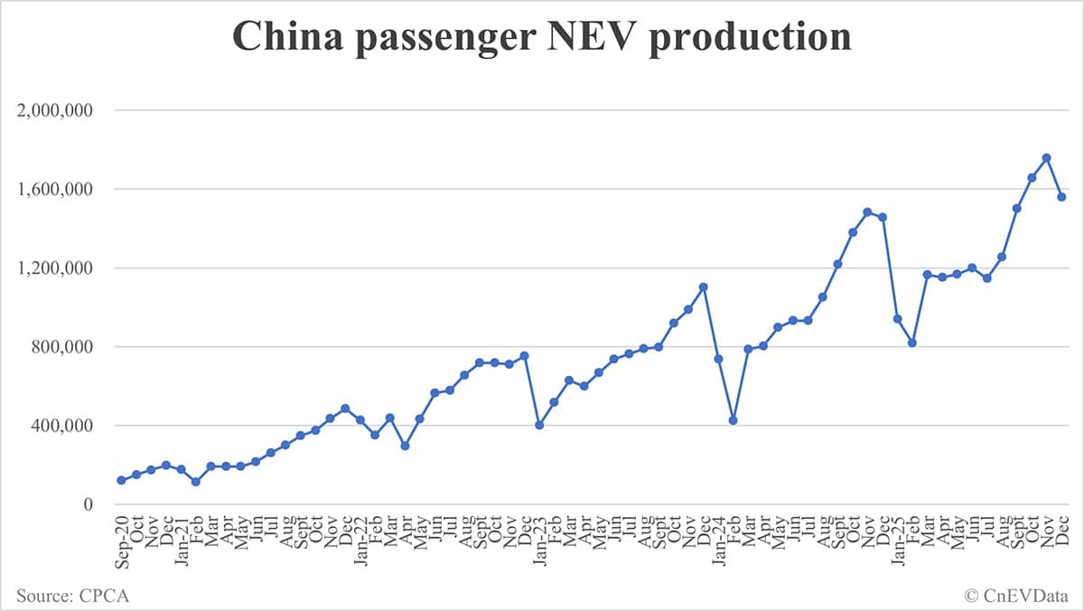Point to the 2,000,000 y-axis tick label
[55, 110]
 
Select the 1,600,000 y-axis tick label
[55, 189]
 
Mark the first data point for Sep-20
[121, 480]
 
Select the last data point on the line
[1062, 197]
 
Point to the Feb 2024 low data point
[734, 420]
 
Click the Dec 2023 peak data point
[704, 287]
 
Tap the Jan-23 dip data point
[539, 425]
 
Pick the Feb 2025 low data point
[912, 343]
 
